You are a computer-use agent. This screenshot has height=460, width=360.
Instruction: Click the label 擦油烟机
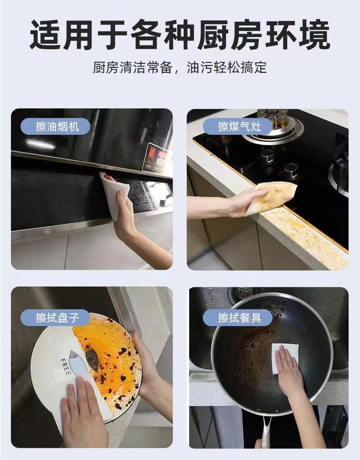click(55, 127)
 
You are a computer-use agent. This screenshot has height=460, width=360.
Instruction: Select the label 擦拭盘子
click(55, 317)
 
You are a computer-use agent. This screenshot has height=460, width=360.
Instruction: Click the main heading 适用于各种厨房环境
click(180, 35)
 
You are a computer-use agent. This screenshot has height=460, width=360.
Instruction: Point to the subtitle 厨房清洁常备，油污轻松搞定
click(180, 67)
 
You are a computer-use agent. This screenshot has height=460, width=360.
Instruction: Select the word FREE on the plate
click(65, 367)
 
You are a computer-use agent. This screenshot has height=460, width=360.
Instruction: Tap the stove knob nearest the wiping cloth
click(292, 172)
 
